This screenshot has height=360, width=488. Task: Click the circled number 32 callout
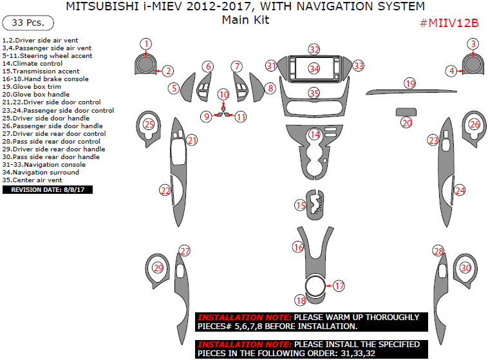[x=314, y=50]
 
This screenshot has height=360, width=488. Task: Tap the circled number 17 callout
[x=339, y=285]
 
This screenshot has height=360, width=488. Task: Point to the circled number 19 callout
[x=410, y=83]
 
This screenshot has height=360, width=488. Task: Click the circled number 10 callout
[x=223, y=95]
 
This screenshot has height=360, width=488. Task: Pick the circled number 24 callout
[x=460, y=190]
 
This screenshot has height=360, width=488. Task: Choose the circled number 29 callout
[x=157, y=268]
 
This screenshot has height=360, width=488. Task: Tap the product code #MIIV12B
[x=449, y=23]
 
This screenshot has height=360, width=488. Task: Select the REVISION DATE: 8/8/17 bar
[x=48, y=190]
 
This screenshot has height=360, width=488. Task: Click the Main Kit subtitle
[x=245, y=20]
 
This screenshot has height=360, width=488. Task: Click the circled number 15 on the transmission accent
[x=301, y=205]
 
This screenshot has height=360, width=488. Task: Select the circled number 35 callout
[x=314, y=93]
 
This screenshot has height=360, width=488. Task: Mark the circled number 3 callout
[x=473, y=44]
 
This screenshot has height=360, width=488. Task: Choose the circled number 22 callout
[x=165, y=190]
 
